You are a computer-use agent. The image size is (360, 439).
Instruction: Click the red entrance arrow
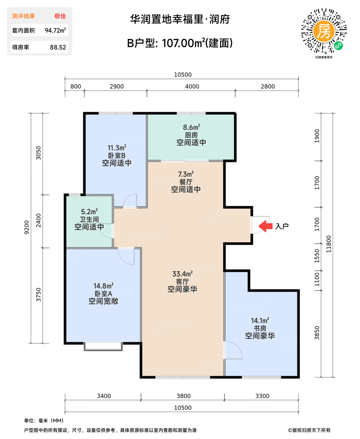pyautogui.click(x=266, y=226)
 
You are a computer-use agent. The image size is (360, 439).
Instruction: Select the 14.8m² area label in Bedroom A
pyautogui.click(x=103, y=286)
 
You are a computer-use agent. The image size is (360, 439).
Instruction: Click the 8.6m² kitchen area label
pyautogui.click(x=191, y=127)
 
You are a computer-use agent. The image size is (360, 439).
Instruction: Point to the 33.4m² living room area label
pyautogui.click(x=182, y=274)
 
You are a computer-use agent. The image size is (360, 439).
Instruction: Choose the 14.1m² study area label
pyautogui.click(x=260, y=320)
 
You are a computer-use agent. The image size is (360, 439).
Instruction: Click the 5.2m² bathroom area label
pyautogui.click(x=89, y=212)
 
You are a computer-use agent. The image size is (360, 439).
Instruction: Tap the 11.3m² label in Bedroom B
pyautogui.click(x=117, y=148)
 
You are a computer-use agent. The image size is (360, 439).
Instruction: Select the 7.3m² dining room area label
pyautogui.click(x=186, y=174)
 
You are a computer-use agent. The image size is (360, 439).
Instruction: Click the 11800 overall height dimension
pyautogui.click(x=328, y=244)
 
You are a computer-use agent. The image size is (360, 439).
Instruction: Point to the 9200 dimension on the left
pyautogui.click(x=27, y=227)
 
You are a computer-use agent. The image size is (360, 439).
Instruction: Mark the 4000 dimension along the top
pyautogui.click(x=192, y=87)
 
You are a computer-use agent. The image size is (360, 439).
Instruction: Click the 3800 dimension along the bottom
pyautogui.click(x=183, y=396)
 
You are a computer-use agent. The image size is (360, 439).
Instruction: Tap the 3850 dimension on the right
pyautogui.click(x=317, y=333)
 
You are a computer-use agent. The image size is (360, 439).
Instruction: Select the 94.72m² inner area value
pyautogui.click(x=55, y=30)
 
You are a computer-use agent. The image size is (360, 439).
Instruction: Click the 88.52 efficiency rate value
pyautogui.click(x=58, y=47)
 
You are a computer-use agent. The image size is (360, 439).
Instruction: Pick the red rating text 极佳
pyautogui.click(x=60, y=16)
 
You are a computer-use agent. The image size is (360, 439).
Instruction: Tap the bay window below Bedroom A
pyautogui.click(x=103, y=346)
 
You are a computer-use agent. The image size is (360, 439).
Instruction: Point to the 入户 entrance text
pyautogui.click(x=282, y=226)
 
